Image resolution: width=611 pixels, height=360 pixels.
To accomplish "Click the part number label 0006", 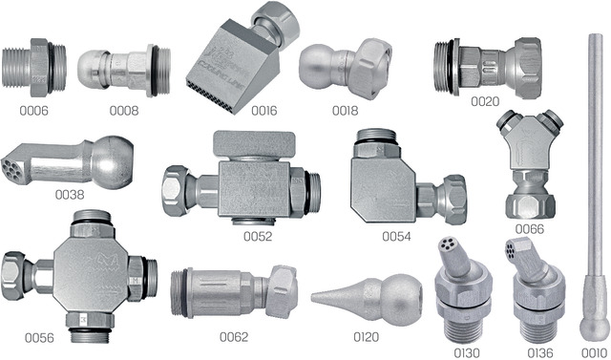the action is click(x=34, y=111).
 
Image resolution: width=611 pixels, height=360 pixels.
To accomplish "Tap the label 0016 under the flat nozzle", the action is click(x=263, y=111).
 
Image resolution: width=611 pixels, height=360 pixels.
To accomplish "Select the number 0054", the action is click(x=396, y=237).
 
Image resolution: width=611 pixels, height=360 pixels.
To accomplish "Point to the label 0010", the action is click(x=595, y=353).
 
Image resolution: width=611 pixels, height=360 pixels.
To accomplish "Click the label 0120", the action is click(x=367, y=337).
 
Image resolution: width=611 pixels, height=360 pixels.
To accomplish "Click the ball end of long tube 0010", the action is click(x=594, y=329).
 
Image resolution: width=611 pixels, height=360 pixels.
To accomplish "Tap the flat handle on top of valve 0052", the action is click(x=255, y=144).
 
